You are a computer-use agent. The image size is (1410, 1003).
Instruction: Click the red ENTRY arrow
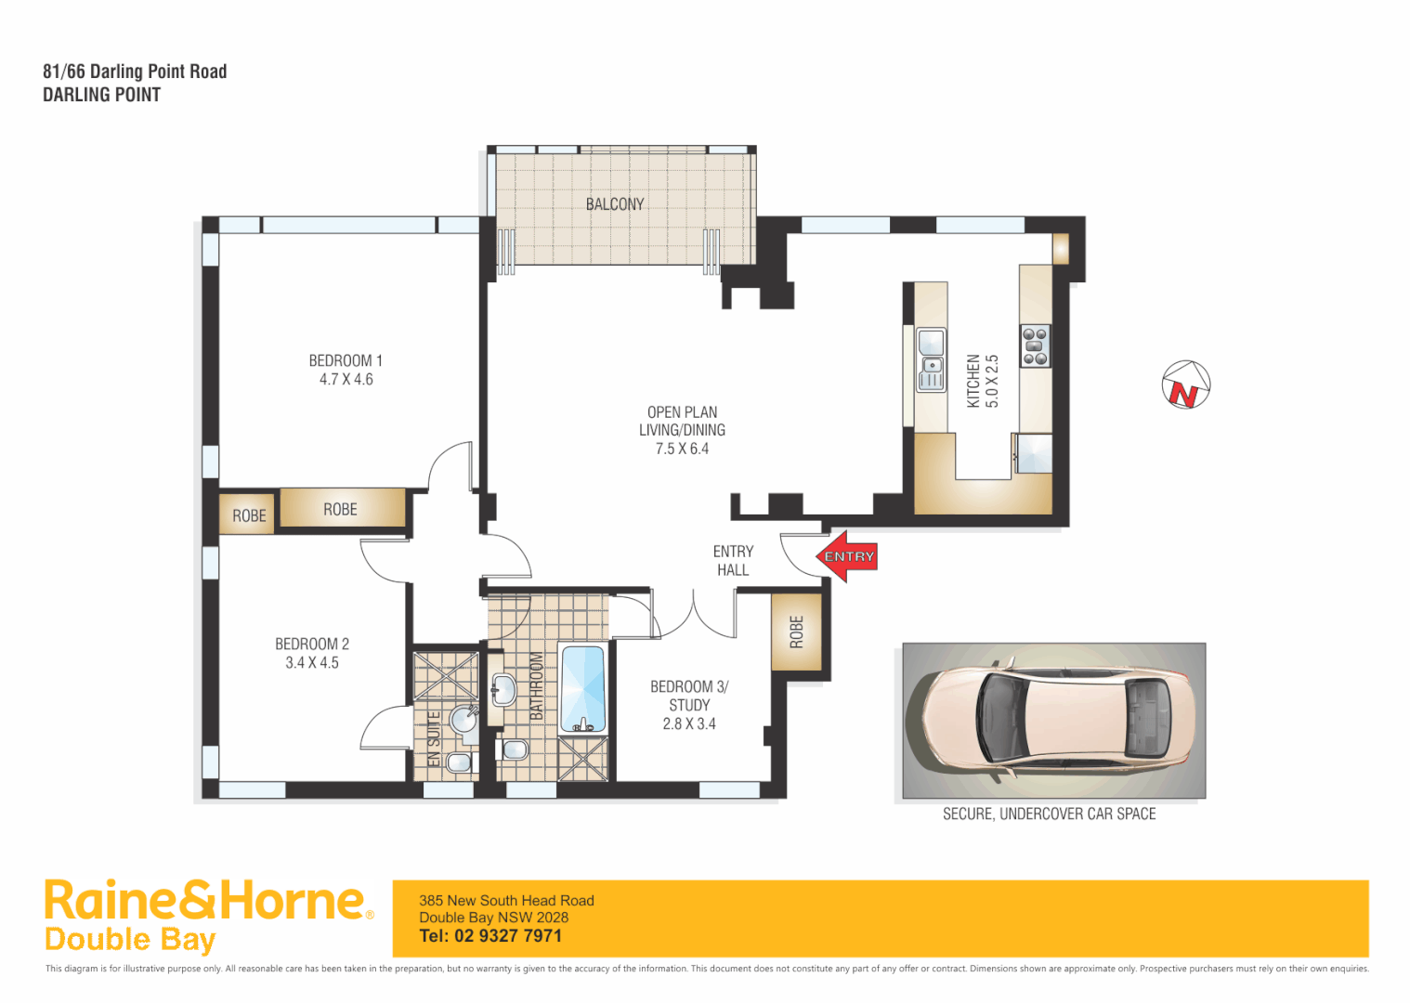point(847,556)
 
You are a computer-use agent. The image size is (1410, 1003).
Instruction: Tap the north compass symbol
point(1186,384)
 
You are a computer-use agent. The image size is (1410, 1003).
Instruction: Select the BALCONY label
point(614,204)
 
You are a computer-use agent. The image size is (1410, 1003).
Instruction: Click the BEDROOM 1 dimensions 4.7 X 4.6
point(346,380)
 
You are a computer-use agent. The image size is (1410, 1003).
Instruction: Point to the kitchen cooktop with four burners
point(1035,345)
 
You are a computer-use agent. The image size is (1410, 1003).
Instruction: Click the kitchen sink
point(931,359)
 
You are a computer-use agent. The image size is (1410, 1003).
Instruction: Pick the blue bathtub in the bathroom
point(582,688)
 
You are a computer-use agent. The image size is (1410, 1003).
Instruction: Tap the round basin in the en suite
point(463,719)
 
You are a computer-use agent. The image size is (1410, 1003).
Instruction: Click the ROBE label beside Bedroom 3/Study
point(796,632)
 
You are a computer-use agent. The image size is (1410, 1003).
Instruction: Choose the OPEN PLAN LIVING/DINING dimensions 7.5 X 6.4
point(682,449)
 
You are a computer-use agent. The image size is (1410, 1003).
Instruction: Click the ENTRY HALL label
point(733,561)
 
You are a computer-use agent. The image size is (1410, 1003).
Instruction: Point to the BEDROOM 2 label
point(312,644)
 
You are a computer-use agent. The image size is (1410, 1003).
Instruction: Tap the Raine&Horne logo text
point(204,901)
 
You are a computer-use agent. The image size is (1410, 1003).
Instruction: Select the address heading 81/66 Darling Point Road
point(135,72)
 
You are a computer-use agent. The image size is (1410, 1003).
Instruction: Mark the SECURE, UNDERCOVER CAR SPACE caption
point(1049,814)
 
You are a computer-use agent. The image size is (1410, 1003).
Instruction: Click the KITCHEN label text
point(973,381)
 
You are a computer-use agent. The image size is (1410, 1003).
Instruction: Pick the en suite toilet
point(459,762)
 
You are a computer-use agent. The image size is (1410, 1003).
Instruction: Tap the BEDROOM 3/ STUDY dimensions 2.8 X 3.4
point(689,724)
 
